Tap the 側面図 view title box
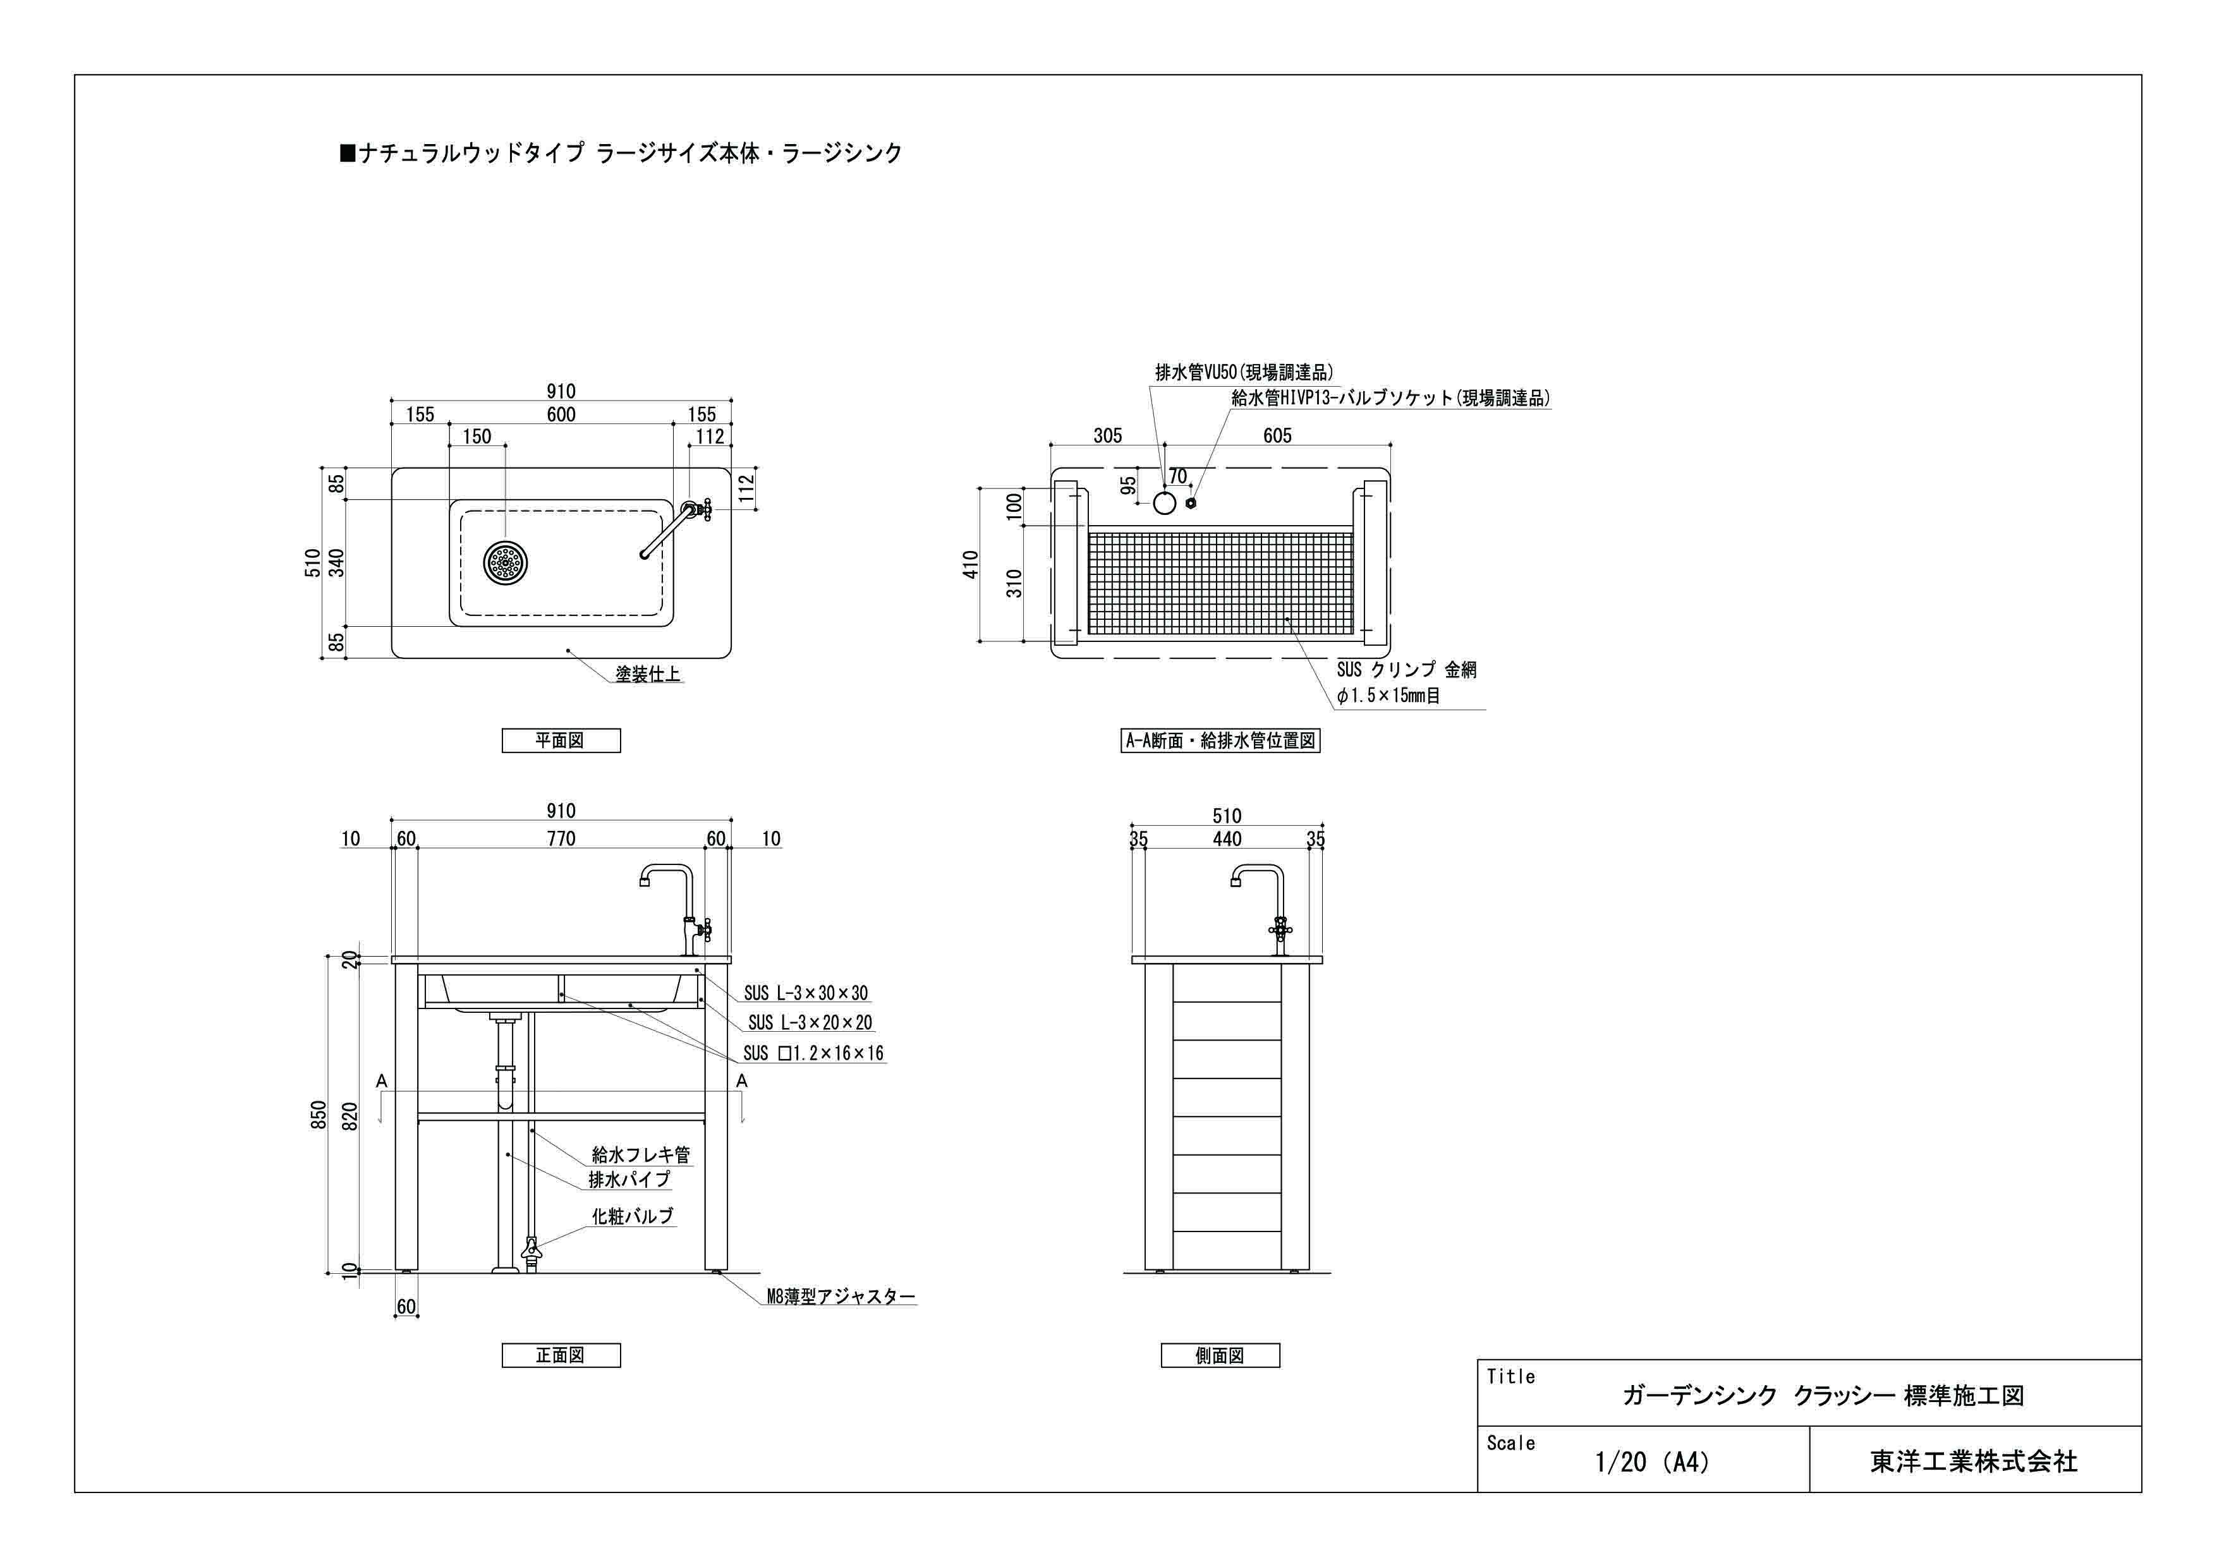tap(1220, 1355)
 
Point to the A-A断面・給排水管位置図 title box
tap(1220, 741)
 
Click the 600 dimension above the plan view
tap(561, 415)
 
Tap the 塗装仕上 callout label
tap(648, 674)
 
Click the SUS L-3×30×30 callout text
tap(805, 993)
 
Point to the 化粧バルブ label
tap(633, 1216)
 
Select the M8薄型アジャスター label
tap(840, 1297)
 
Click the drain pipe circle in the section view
tap(1165, 502)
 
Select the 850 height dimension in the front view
tap(319, 1115)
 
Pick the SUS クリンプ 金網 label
tap(1406, 669)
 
